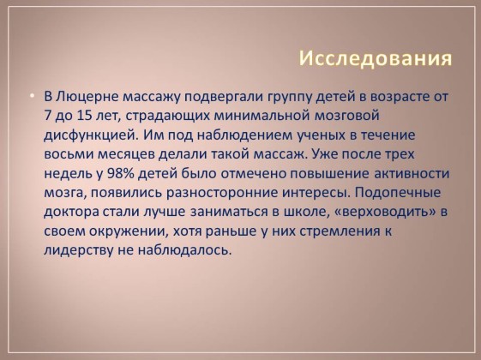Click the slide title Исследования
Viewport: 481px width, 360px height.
(376, 58)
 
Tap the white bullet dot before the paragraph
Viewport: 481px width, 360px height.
(33, 96)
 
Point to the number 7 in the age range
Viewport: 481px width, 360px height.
(47, 116)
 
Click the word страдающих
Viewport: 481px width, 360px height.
(167, 117)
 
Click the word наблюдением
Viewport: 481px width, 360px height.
(244, 135)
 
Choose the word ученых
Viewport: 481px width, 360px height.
(321, 135)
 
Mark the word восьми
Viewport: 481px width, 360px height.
(69, 154)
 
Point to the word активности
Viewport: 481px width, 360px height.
(412, 173)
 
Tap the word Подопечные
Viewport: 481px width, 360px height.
(398, 193)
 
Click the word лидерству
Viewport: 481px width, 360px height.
(79, 250)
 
